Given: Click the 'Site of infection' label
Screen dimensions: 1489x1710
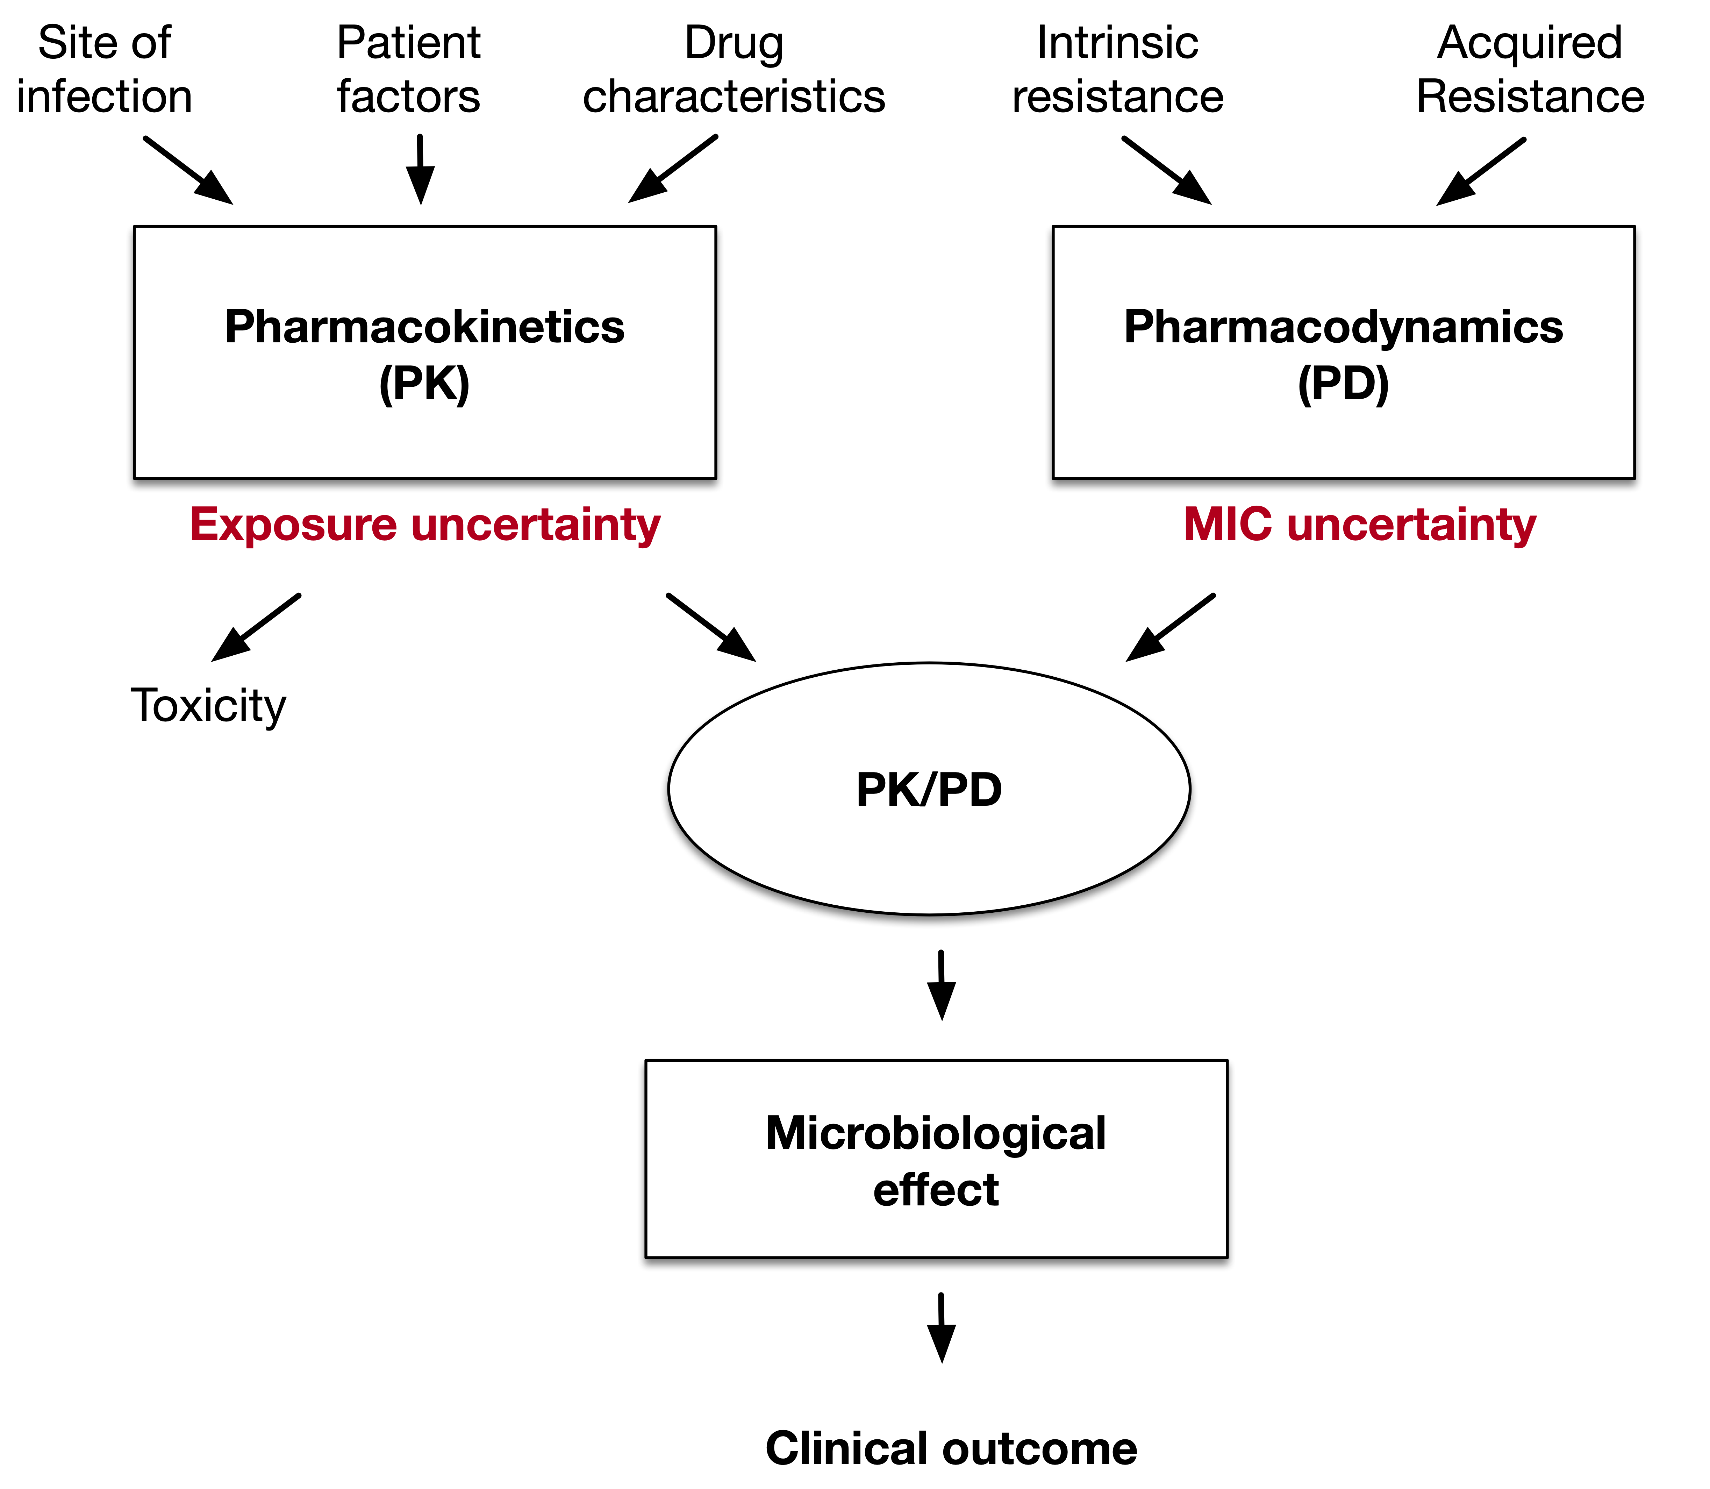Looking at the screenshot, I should point(105,70).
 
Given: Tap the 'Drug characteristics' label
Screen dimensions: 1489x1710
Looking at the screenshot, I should point(734,70).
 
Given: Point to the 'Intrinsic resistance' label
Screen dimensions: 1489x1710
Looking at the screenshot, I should point(1117,70).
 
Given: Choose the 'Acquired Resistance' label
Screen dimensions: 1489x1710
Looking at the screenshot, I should point(1530,70).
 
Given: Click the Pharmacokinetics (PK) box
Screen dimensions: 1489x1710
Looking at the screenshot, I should point(424,352).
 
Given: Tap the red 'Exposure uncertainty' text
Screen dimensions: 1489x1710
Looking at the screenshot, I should point(424,525).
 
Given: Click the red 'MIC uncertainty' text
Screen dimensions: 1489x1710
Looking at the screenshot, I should point(1359,525).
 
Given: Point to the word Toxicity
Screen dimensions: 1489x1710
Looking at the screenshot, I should point(208,706).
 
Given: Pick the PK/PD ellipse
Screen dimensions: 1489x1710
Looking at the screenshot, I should point(929,789).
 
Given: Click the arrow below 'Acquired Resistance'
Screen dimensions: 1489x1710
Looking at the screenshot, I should point(1481,171).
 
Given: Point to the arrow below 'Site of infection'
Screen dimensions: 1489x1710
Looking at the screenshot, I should point(188,170).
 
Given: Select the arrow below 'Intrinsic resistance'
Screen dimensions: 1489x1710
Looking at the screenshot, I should point(1167,170).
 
